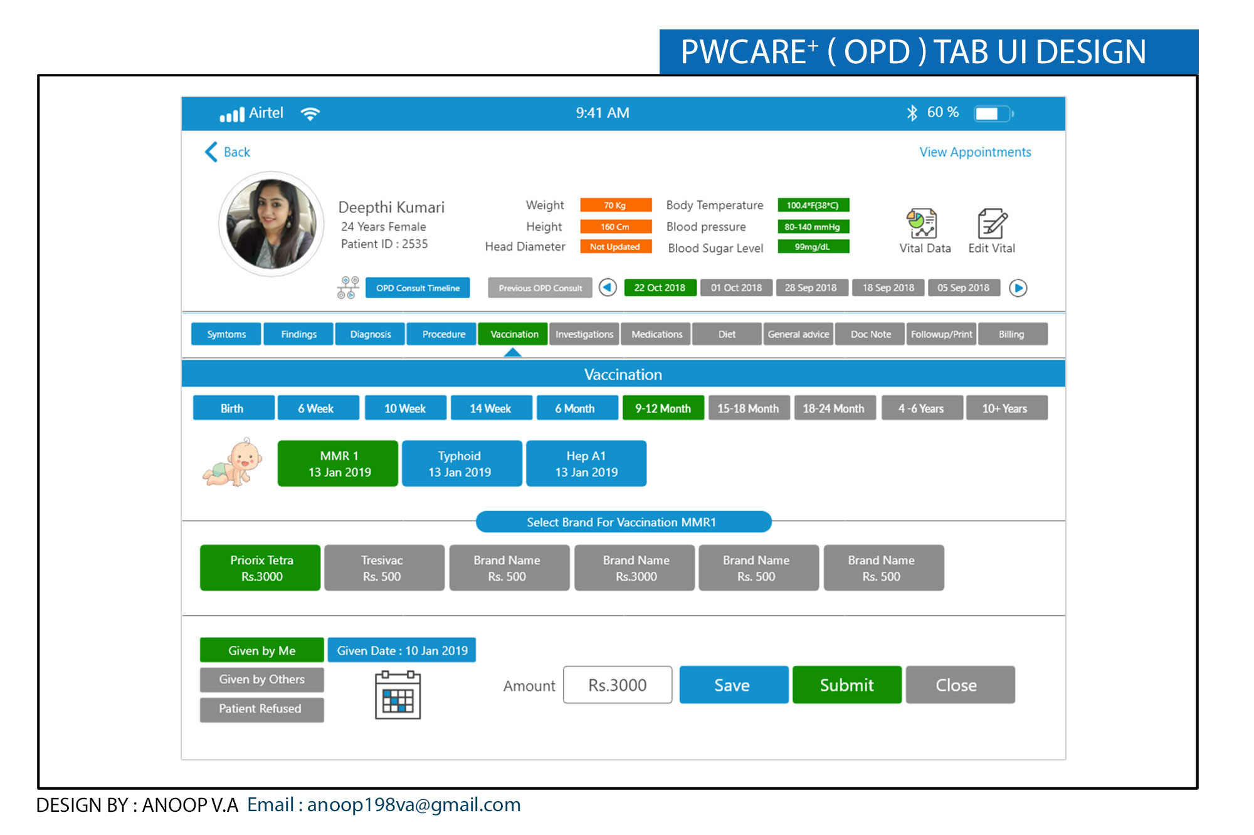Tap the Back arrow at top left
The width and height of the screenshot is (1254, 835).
(x=211, y=152)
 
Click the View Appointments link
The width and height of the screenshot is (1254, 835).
(x=975, y=152)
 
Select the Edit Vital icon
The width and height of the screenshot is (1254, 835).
(x=992, y=224)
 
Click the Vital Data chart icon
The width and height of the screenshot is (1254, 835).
(x=922, y=224)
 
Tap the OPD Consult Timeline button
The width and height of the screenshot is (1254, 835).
(x=418, y=288)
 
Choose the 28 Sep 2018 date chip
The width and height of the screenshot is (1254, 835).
(x=811, y=288)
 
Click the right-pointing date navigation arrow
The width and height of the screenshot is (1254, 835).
(x=1018, y=288)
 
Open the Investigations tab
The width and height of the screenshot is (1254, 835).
(x=584, y=334)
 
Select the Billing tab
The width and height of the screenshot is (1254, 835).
(x=1012, y=334)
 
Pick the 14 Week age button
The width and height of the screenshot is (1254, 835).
(x=491, y=408)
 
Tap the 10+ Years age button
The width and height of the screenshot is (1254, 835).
(x=1006, y=408)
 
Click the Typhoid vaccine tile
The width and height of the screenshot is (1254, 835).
(x=461, y=464)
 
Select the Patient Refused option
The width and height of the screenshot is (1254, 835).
(x=261, y=709)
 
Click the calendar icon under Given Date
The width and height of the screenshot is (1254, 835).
(x=398, y=695)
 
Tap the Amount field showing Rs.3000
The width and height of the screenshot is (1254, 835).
(x=618, y=685)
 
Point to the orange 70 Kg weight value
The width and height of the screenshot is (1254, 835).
(x=615, y=205)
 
